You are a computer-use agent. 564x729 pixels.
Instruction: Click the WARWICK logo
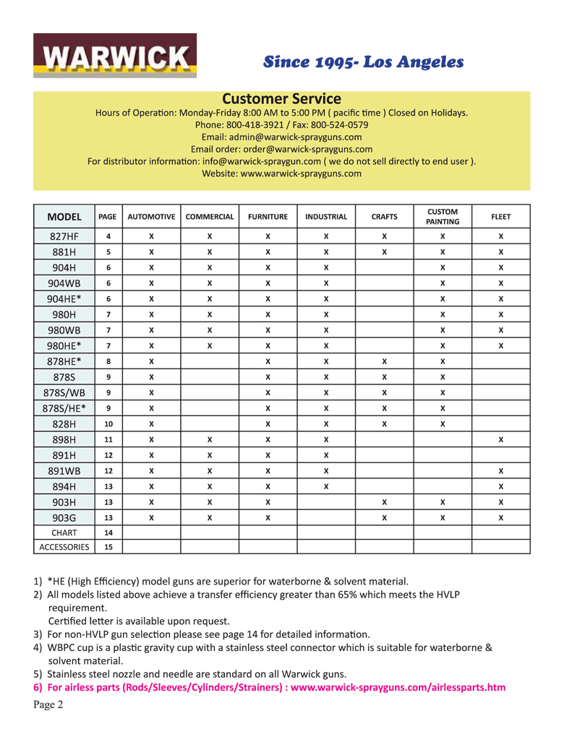tap(114, 56)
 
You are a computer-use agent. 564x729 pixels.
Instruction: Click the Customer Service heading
tap(281, 99)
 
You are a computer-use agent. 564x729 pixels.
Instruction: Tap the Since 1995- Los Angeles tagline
tap(363, 62)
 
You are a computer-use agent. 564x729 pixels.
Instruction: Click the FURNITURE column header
tap(268, 217)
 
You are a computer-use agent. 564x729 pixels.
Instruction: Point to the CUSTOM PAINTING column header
tap(443, 217)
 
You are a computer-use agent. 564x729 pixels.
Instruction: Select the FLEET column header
tap(500, 217)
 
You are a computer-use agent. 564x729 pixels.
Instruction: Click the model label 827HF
tap(64, 236)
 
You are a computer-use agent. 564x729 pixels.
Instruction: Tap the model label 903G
tap(64, 517)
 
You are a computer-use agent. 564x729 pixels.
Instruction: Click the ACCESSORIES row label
tap(64, 547)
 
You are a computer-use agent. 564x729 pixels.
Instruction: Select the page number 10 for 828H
tap(108, 424)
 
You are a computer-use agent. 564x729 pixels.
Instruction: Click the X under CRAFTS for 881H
tap(384, 252)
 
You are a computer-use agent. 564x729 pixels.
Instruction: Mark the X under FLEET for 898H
tap(500, 439)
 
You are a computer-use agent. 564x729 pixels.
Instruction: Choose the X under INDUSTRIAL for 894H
tap(326, 486)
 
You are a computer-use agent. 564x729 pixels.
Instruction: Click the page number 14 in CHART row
tap(108, 532)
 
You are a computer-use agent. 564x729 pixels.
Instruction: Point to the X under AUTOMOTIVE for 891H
tap(151, 455)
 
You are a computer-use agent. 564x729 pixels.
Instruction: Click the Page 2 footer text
tap(48, 705)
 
